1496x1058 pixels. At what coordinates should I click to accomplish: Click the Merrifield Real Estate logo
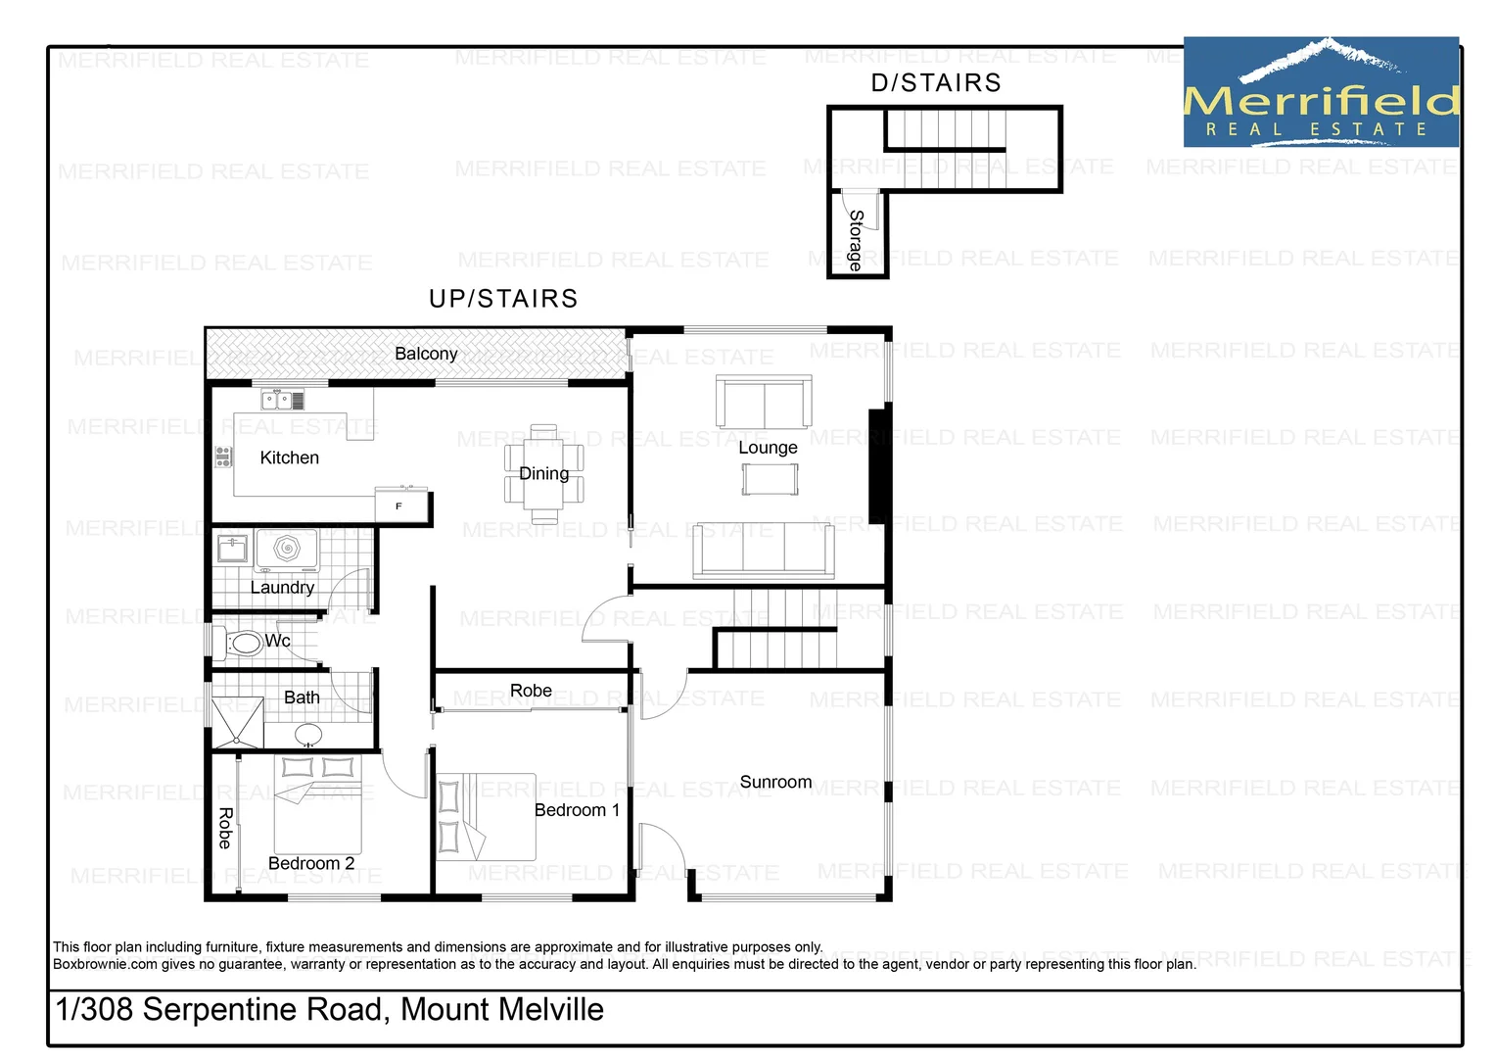click(1321, 93)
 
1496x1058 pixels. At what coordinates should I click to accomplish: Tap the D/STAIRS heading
click(936, 83)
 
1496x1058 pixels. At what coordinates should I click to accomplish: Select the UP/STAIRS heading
click(503, 299)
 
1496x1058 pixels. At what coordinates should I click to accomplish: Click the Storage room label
click(856, 240)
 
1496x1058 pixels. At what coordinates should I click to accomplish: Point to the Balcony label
click(426, 354)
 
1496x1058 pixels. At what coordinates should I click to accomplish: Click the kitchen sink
click(276, 400)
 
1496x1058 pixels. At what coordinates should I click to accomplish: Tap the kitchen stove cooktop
click(223, 457)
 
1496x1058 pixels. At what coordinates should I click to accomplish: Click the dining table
click(543, 474)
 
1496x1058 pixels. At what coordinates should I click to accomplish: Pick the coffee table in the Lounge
click(770, 479)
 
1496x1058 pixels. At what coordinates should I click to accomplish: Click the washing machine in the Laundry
click(287, 550)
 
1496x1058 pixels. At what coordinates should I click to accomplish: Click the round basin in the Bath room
click(309, 735)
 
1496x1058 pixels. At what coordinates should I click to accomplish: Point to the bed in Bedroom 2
click(317, 804)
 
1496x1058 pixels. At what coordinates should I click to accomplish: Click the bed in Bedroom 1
click(487, 817)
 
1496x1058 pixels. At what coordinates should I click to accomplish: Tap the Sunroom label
click(775, 782)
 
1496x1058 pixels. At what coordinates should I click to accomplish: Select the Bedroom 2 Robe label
click(225, 828)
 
